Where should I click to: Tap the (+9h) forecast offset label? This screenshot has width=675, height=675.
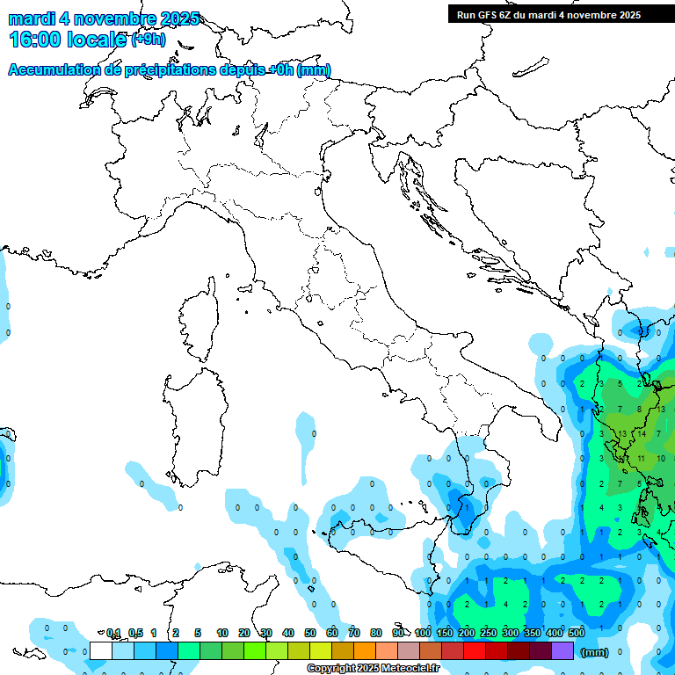coord(148,39)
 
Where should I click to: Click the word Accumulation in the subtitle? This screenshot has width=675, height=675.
coord(55,70)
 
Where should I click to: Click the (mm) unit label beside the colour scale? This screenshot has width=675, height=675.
coord(594,652)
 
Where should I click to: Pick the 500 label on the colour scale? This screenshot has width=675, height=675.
coord(577,633)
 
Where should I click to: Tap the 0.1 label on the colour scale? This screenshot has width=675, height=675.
coord(113,633)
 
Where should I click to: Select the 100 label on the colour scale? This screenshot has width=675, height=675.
coord(423,633)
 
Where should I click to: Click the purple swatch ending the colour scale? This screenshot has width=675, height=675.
coord(562,651)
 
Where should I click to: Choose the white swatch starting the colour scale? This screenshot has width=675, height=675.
coord(101,651)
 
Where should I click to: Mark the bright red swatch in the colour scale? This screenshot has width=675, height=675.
coord(475,651)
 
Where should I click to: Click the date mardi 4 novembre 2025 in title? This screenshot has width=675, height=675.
coord(104,18)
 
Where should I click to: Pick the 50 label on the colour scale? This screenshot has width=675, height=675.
coord(310,633)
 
